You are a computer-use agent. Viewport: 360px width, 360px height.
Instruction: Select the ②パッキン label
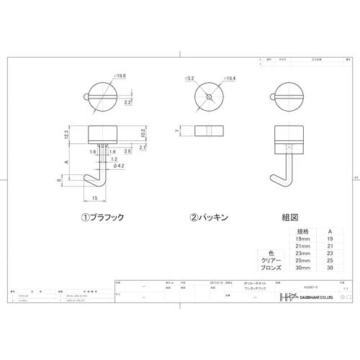tap(209, 215)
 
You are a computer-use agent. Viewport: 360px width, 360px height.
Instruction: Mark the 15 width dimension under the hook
tap(96, 198)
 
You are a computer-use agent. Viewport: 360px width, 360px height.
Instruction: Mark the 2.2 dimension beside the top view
tap(127, 104)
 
